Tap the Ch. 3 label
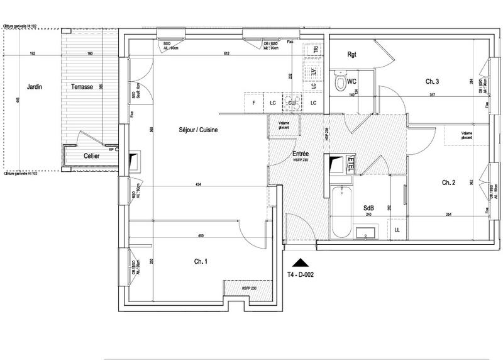point(432,82)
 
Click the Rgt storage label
point(352,55)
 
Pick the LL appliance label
point(397,230)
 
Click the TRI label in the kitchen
point(312,49)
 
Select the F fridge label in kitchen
point(253,102)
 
